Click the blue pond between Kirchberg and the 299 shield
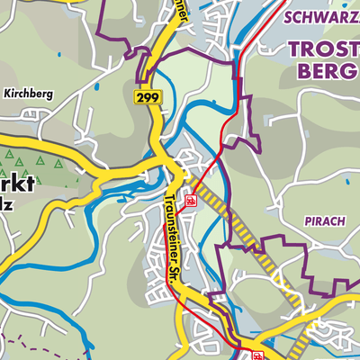tap(95, 88)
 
